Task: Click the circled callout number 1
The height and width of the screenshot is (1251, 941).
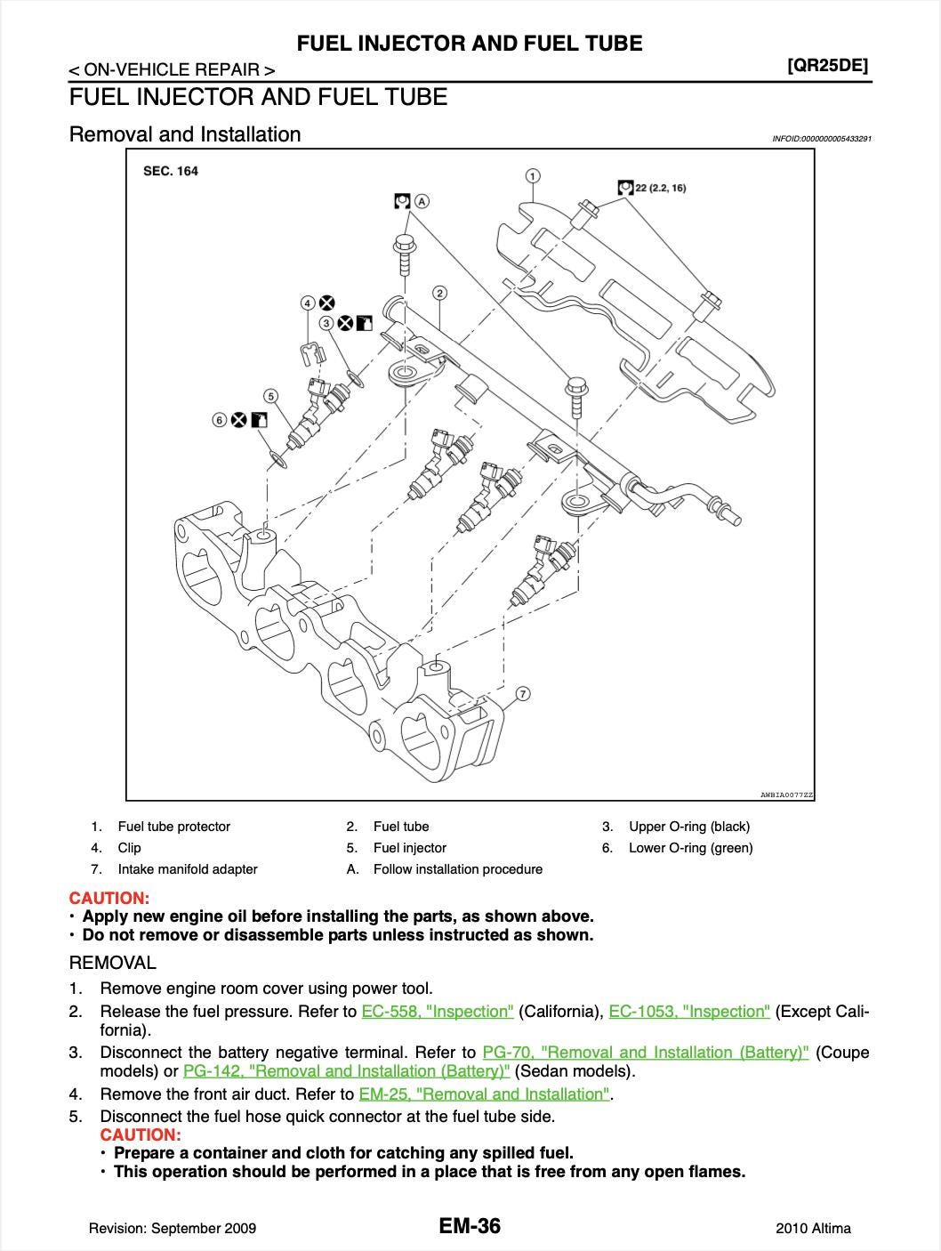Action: [x=532, y=175]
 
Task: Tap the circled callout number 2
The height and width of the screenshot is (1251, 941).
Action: [x=439, y=293]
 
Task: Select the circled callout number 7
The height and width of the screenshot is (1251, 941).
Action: [x=522, y=693]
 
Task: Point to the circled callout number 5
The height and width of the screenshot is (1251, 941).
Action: [x=270, y=396]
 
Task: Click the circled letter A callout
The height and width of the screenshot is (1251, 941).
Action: [x=422, y=200]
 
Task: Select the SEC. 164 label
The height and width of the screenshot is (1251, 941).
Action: [x=171, y=171]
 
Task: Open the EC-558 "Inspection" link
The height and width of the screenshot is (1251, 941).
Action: [x=438, y=1012]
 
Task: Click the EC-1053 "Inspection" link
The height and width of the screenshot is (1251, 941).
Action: [x=689, y=1012]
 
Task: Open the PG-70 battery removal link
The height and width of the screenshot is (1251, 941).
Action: [x=645, y=1053]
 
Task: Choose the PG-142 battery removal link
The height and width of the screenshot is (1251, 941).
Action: [x=346, y=1070]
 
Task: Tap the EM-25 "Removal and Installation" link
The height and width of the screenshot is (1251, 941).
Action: [x=485, y=1094]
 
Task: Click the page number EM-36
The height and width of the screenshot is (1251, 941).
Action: [x=470, y=1226]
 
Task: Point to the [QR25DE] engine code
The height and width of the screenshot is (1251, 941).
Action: [x=827, y=65]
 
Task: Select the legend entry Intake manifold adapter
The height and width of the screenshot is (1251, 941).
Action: [x=187, y=869]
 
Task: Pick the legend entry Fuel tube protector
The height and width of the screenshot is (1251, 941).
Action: [x=173, y=827]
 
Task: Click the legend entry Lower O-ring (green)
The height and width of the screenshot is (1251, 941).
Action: [x=690, y=848]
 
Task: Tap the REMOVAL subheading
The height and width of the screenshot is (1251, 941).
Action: [x=112, y=963]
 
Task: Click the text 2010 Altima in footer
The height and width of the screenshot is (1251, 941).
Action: [x=813, y=1229]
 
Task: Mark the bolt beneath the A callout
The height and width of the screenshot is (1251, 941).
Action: [x=403, y=254]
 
